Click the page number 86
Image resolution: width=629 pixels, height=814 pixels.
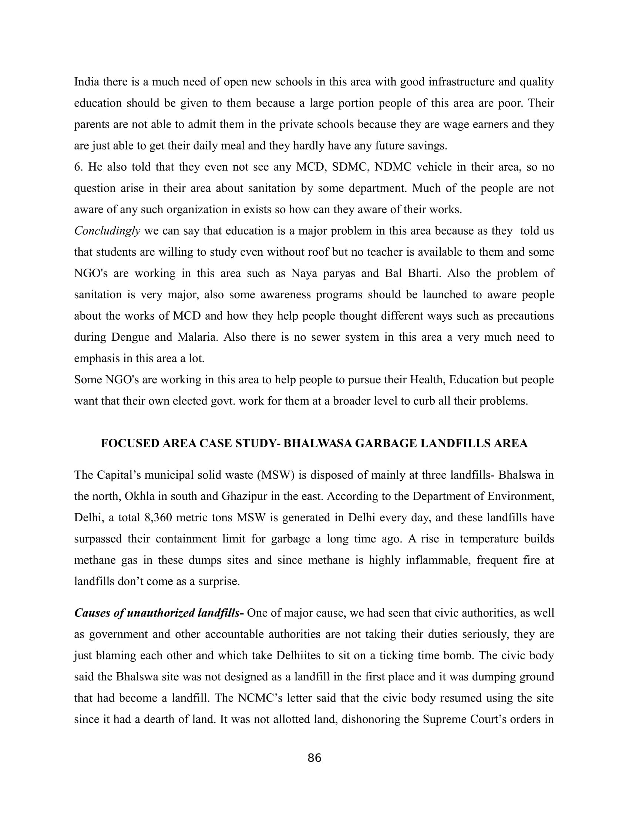point(314,758)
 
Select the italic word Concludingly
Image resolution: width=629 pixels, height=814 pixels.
point(107,231)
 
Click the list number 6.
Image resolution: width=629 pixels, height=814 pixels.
point(78,167)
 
